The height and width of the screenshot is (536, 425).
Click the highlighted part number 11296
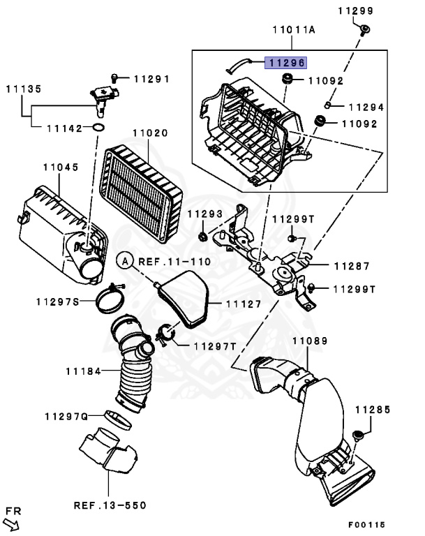(x=285, y=63)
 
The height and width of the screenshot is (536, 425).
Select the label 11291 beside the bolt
(x=151, y=79)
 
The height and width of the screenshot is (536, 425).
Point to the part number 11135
(x=24, y=89)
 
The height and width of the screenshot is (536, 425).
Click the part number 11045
(x=60, y=167)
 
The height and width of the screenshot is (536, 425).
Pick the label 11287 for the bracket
(x=351, y=266)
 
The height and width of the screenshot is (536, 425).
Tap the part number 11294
(x=366, y=107)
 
